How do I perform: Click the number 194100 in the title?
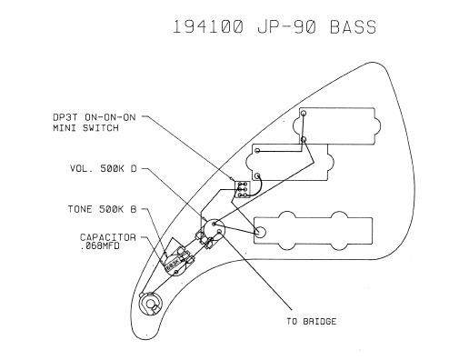[208, 26]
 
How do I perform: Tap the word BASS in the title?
[354, 26]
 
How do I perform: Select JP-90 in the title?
[287, 26]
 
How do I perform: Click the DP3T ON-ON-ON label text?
[95, 117]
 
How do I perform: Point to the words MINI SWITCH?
[85, 127]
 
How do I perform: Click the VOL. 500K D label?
[104, 168]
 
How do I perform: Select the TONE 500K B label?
[102, 209]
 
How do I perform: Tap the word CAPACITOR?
[108, 237]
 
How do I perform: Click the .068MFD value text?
[100, 245]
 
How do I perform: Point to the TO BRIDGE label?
[312, 321]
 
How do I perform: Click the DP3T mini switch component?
[243, 189]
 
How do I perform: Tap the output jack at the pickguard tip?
[150, 304]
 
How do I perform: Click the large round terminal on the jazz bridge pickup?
[260, 232]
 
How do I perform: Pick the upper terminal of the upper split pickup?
[304, 114]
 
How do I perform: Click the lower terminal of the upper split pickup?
[304, 139]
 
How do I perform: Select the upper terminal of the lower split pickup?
[257, 150]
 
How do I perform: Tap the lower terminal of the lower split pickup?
[257, 175]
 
